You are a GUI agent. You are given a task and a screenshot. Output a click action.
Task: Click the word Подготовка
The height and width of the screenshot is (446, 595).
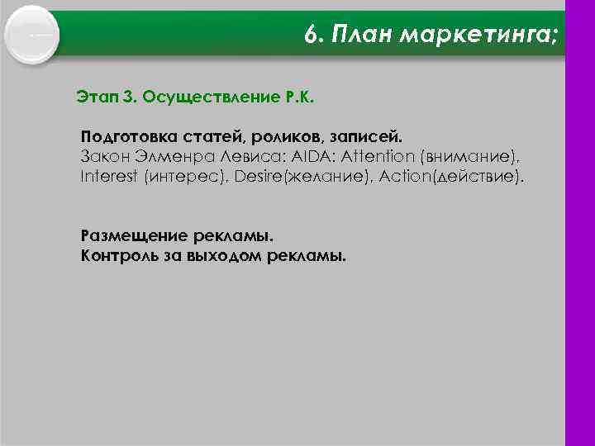pyautogui.click(x=122, y=135)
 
